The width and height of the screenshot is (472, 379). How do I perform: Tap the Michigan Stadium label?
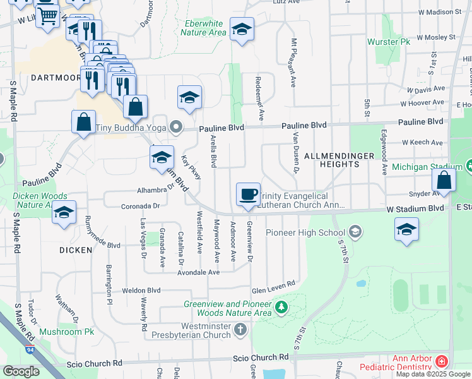(x=427, y=167)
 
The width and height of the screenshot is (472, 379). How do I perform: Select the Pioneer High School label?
(x=305, y=232)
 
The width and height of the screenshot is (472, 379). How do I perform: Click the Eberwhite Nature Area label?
(x=203, y=28)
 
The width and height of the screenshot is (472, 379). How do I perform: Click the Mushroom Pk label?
(x=66, y=332)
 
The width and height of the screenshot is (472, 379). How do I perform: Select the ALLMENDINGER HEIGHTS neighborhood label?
(x=331, y=160)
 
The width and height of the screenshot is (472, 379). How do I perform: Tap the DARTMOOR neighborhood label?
(x=40, y=78)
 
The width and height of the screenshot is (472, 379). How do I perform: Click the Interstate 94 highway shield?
(x=30, y=348)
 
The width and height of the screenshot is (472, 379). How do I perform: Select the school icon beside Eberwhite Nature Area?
(x=242, y=29)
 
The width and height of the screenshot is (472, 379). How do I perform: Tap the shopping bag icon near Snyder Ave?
(x=444, y=179)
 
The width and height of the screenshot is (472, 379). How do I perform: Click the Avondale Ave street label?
(x=198, y=272)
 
